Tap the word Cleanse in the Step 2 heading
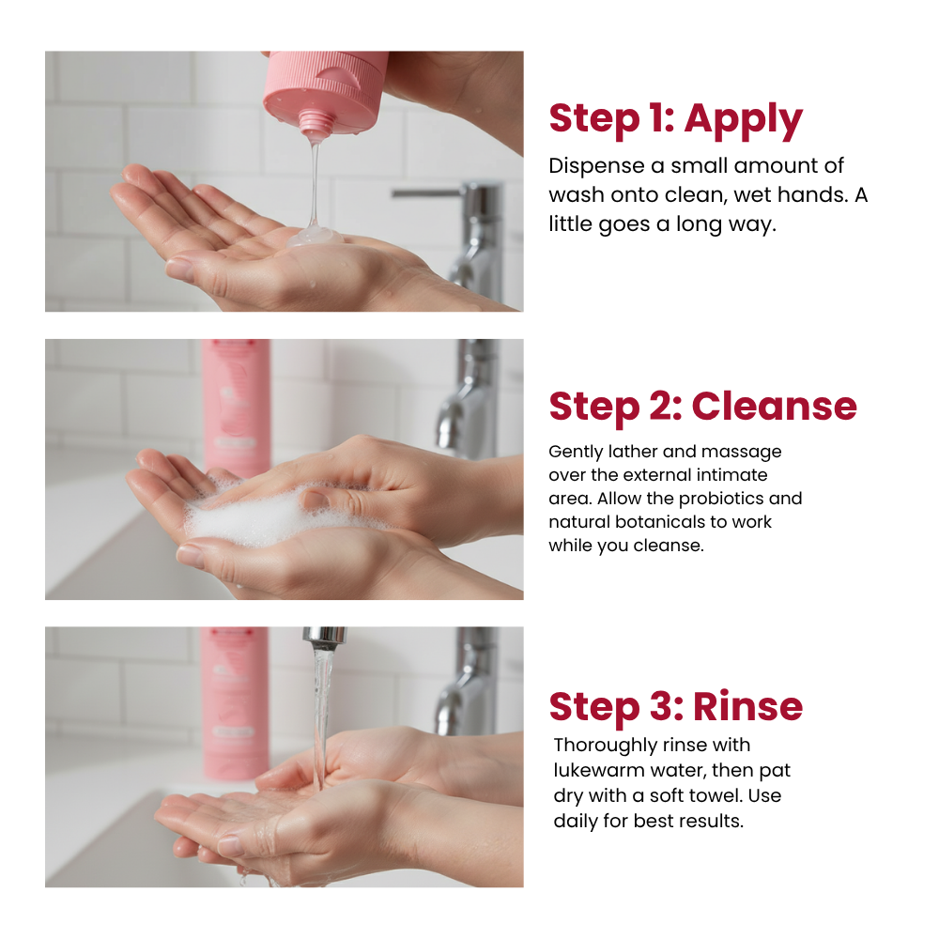click(x=775, y=407)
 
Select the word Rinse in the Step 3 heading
click(x=748, y=707)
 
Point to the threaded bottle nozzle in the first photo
click(x=315, y=122)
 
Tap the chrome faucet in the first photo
click(x=468, y=239)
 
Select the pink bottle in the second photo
click(x=237, y=408)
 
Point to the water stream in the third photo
click(x=321, y=718)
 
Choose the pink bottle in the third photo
click(x=235, y=703)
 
